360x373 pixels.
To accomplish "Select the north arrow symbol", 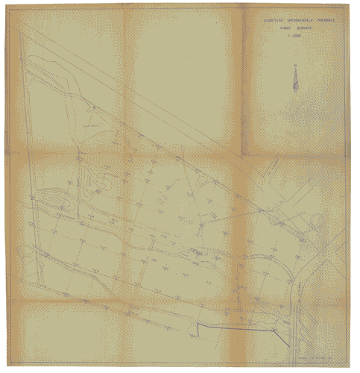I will pyautogui.click(x=295, y=81).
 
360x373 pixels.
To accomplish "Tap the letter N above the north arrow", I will pyautogui.click(x=295, y=66).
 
